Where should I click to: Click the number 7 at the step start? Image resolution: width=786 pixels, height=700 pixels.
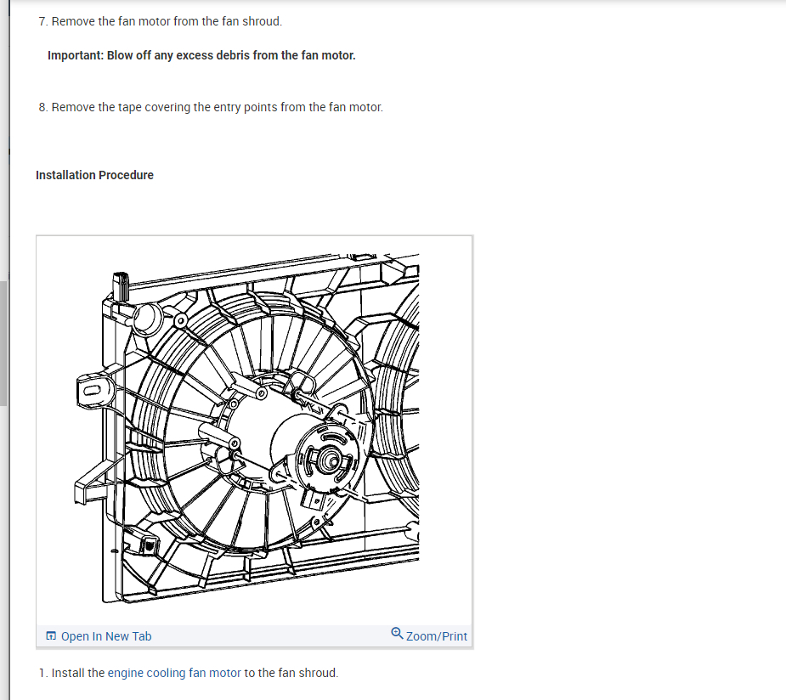pos(42,21)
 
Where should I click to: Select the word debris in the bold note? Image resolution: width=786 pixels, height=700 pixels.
pos(229,55)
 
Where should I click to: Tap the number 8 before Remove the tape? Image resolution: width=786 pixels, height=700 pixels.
pos(42,107)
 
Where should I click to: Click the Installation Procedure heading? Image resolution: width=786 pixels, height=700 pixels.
pos(94,175)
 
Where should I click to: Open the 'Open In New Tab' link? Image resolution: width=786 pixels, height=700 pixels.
pos(106,636)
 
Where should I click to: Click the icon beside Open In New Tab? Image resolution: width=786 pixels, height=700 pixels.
pos(52,636)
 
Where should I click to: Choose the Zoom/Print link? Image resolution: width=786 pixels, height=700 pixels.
pos(436,636)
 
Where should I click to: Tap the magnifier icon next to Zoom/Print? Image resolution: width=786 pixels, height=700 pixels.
pos(397,634)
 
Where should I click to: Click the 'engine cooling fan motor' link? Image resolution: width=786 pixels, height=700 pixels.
pos(174,673)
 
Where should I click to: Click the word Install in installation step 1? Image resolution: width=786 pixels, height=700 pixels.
pos(67,673)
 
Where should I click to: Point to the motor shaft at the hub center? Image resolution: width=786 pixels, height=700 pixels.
pos(326,460)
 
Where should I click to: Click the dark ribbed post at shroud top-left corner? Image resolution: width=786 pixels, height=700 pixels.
pos(121,285)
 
